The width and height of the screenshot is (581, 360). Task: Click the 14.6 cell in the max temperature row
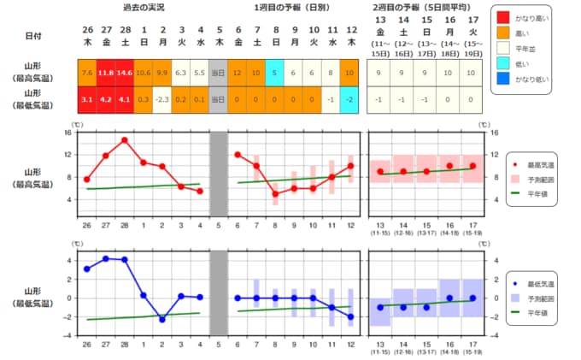point(125,73)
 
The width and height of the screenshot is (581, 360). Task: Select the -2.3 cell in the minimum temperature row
point(162,99)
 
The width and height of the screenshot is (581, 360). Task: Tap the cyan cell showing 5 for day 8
point(275,73)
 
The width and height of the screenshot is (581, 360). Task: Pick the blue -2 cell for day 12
point(350,99)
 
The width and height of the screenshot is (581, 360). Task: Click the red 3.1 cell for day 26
point(87,99)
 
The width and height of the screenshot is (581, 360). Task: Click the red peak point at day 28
point(125,140)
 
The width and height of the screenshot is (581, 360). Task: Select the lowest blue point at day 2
point(162,319)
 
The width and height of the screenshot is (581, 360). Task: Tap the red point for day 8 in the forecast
point(275,194)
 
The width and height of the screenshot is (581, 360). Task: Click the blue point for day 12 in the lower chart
point(350,316)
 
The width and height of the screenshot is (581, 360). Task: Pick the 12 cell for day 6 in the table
point(238,73)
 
